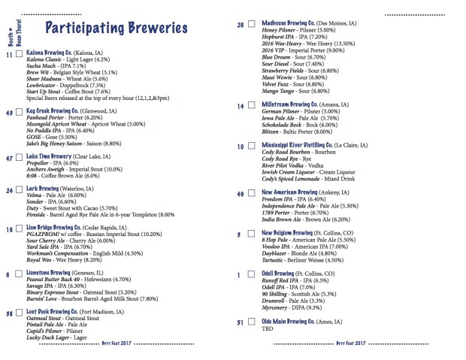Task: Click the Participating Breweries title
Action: point(116,29)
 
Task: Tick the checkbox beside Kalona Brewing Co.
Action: point(20,55)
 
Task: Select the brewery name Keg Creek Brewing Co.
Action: point(54,111)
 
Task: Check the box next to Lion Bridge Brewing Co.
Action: point(20,228)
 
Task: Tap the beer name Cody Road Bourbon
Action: point(289,153)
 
